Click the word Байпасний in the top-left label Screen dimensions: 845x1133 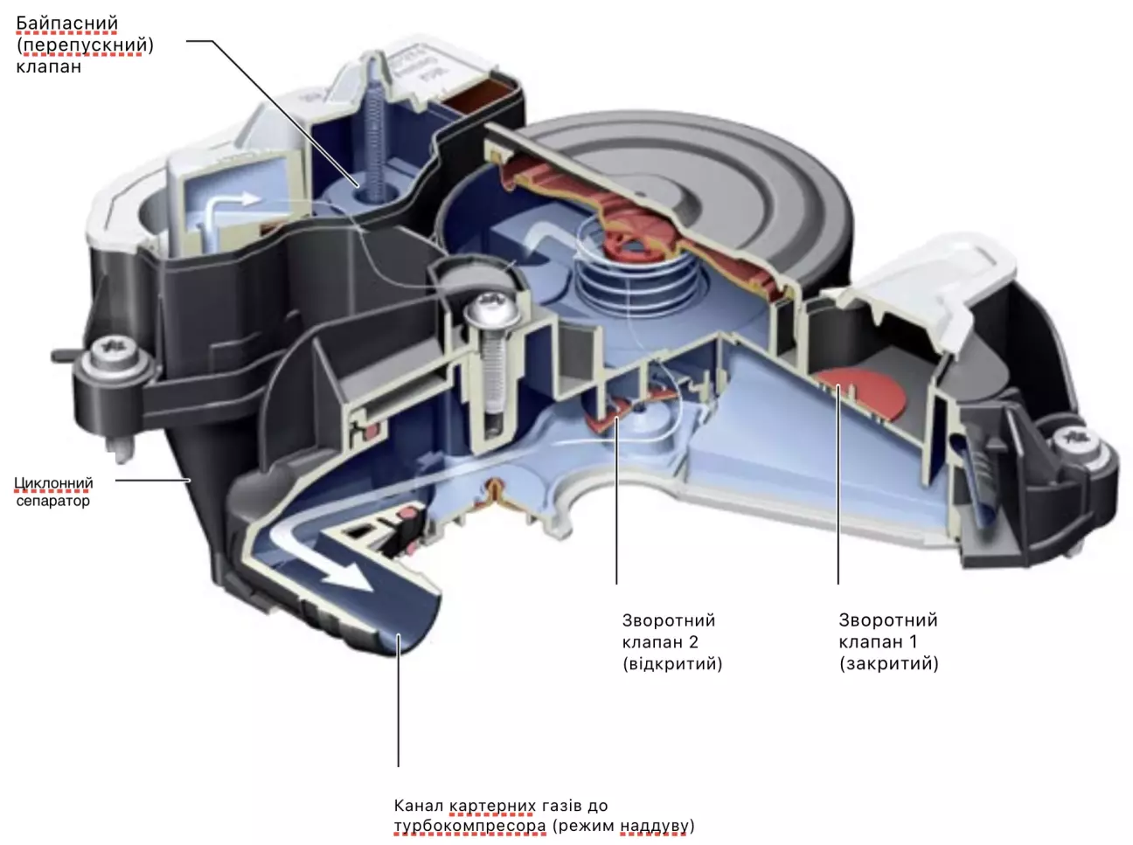pyautogui.click(x=66, y=23)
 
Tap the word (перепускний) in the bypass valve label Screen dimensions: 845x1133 pyautogui.click(x=85, y=45)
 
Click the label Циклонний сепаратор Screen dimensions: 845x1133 pyautogui.click(x=53, y=491)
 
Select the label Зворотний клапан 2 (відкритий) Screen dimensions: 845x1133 pyautogui.click(x=671, y=641)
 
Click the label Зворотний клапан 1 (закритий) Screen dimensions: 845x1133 pyautogui.click(x=888, y=641)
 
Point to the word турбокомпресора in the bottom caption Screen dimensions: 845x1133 pyautogui.click(x=469, y=826)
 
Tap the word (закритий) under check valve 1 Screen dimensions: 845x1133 pyautogui.click(x=888, y=663)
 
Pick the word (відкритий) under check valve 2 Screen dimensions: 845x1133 pyautogui.click(x=671, y=663)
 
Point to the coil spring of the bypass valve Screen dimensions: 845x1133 pyautogui.click(x=374, y=140)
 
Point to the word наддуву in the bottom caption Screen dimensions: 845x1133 pyautogui.click(x=655, y=826)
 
